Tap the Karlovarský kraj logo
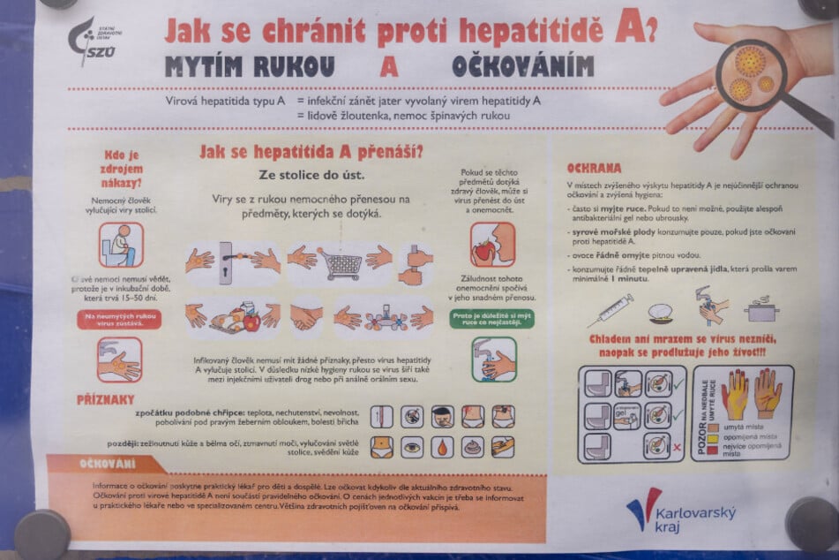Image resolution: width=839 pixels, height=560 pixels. (x=680, y=510)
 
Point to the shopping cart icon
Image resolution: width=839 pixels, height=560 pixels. (x=341, y=261)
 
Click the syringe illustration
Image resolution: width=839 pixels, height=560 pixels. (x=610, y=310)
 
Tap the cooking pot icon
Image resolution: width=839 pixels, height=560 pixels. (x=761, y=309)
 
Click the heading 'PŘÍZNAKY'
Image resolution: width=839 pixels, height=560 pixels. (x=105, y=399)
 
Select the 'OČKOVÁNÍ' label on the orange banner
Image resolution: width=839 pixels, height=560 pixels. (x=108, y=463)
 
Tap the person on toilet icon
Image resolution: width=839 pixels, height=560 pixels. (x=121, y=245)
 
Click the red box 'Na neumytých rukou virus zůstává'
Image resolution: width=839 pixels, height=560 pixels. (x=118, y=319)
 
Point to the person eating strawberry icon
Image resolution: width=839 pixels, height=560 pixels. (x=492, y=245)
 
